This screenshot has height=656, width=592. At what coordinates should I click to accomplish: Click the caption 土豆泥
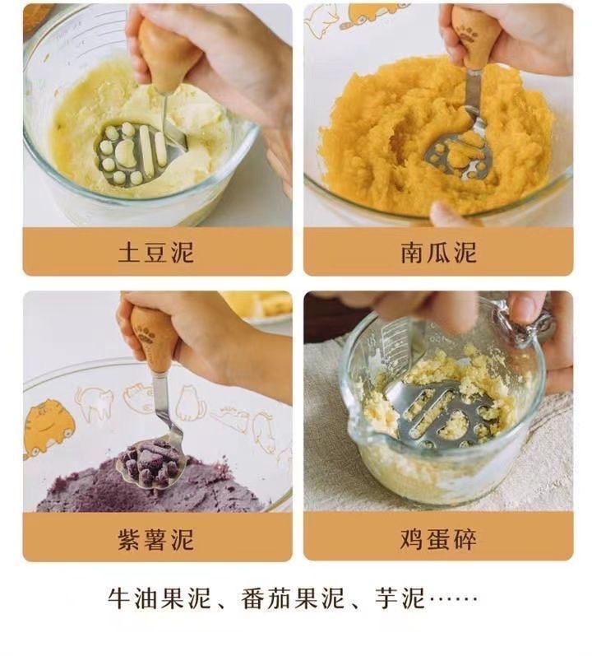156,252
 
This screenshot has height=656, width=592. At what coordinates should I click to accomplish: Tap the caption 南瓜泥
439,252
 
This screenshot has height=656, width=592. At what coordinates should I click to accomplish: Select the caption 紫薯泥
156,539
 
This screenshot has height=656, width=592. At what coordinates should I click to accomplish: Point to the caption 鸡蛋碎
439,539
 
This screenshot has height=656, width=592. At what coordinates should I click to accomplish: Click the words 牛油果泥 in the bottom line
160,598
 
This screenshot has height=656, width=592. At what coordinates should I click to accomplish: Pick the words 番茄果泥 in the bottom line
293,598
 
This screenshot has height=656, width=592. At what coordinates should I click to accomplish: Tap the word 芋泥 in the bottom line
400,598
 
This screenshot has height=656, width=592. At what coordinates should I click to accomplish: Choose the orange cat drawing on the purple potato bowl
49,426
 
